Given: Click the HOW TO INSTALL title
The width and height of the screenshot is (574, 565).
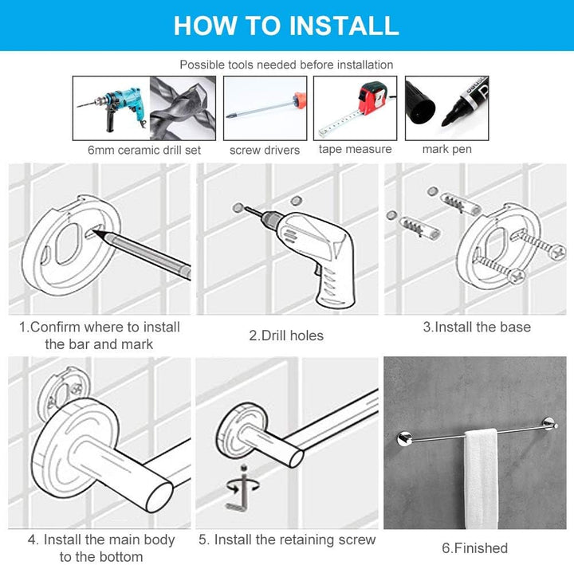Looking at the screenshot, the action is point(286,26).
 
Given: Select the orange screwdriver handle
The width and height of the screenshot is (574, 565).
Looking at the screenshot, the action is point(300,101).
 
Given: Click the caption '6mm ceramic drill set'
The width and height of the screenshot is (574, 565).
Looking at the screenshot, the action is point(144,150).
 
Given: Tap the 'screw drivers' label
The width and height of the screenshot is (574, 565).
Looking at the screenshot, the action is point(265,150).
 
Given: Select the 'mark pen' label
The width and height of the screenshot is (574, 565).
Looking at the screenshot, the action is point(447,149).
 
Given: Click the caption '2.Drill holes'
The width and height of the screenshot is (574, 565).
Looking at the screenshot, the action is point(286,335).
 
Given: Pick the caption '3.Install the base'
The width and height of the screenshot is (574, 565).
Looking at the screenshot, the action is point(477,327).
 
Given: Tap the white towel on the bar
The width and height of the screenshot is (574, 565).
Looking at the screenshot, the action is point(481,480).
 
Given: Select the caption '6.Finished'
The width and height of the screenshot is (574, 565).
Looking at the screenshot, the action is point(475,548).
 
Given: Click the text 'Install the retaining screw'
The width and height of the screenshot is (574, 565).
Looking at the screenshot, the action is point(295,539).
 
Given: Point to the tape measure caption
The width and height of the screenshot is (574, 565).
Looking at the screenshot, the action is point(355,149).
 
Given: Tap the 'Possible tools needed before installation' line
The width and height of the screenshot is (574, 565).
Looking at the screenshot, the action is point(286,65).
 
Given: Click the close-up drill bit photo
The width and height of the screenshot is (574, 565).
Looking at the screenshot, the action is point(183,108).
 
